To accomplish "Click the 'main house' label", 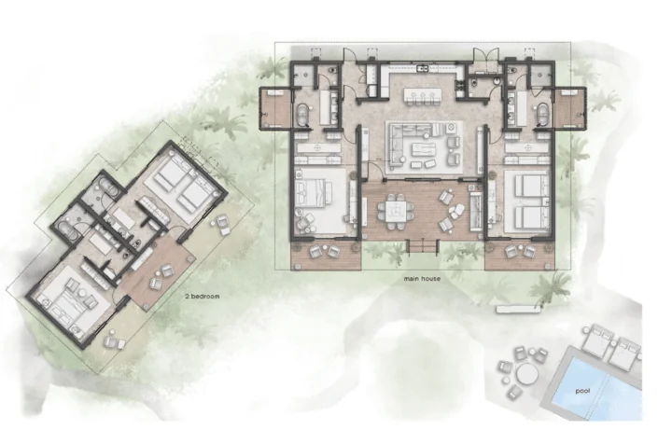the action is (422, 279).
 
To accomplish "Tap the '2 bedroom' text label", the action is (202, 296).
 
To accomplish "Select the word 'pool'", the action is (582, 391).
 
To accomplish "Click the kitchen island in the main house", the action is (423, 95).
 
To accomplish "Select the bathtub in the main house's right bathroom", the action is (543, 115).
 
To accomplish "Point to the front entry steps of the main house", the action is (423, 247).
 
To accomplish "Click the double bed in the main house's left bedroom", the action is (321, 201).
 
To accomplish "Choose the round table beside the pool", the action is (527, 374).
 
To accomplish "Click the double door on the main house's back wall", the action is (486, 56).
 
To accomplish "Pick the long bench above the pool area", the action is (514, 308).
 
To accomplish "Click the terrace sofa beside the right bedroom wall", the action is (475, 211).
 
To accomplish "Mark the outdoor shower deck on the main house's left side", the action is (275, 108).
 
